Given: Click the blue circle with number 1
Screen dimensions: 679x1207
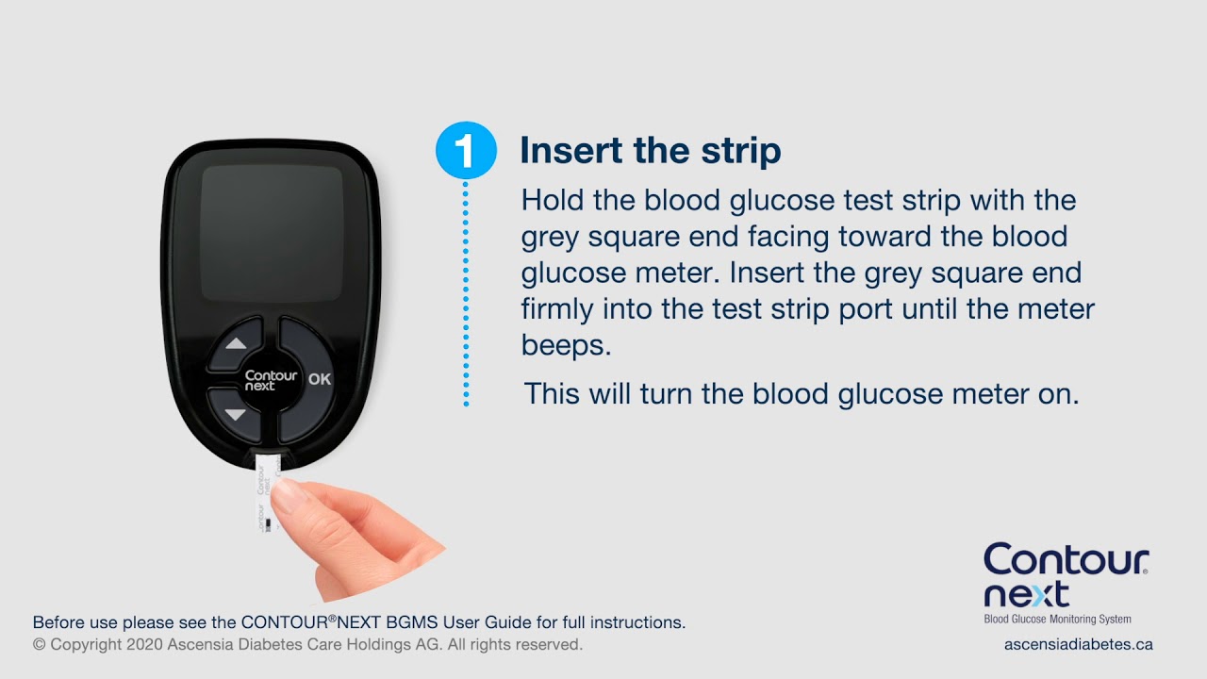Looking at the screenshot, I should [466, 150].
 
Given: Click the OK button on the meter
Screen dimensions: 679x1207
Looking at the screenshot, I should [320, 379].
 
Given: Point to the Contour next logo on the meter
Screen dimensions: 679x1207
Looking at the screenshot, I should [271, 380].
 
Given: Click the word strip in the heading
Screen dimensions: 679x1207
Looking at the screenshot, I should [743, 151].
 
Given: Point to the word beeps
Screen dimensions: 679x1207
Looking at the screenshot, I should [566, 344].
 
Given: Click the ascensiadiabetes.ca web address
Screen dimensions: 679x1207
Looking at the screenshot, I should [1078, 644].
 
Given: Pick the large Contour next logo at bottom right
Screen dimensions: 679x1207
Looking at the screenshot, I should [1066, 575].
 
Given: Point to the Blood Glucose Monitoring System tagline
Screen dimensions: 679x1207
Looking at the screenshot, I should [1057, 620].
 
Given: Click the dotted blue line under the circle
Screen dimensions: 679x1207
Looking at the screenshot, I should [465, 292].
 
